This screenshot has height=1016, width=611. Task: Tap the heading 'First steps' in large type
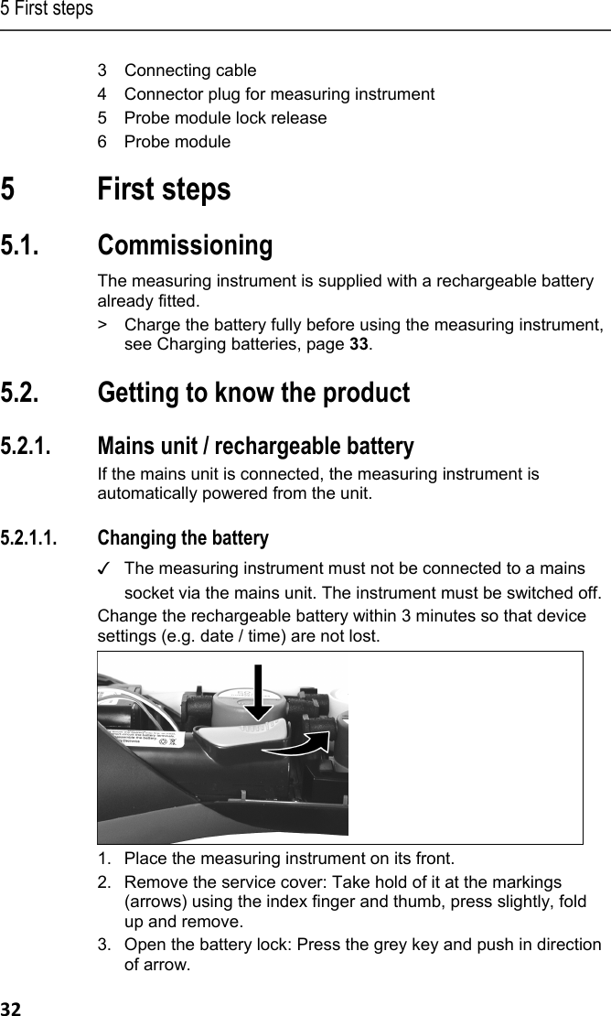pyautogui.click(x=164, y=190)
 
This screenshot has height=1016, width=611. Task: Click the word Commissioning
pyautogui.click(x=185, y=246)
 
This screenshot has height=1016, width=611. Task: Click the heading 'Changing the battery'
pyautogui.click(x=183, y=537)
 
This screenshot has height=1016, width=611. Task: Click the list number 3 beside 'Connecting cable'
pyautogui.click(x=103, y=70)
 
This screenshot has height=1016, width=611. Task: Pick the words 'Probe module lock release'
pyautogui.click(x=225, y=118)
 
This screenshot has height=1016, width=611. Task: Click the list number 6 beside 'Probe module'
pyautogui.click(x=103, y=142)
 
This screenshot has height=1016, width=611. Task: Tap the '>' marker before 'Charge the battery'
pyautogui.click(x=103, y=324)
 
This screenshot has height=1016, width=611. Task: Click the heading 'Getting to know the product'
pyautogui.click(x=253, y=394)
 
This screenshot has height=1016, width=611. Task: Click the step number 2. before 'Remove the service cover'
pyautogui.click(x=106, y=881)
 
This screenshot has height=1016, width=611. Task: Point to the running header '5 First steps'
pyautogui.click(x=47, y=9)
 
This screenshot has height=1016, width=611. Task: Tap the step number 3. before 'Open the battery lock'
pyautogui.click(x=106, y=945)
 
